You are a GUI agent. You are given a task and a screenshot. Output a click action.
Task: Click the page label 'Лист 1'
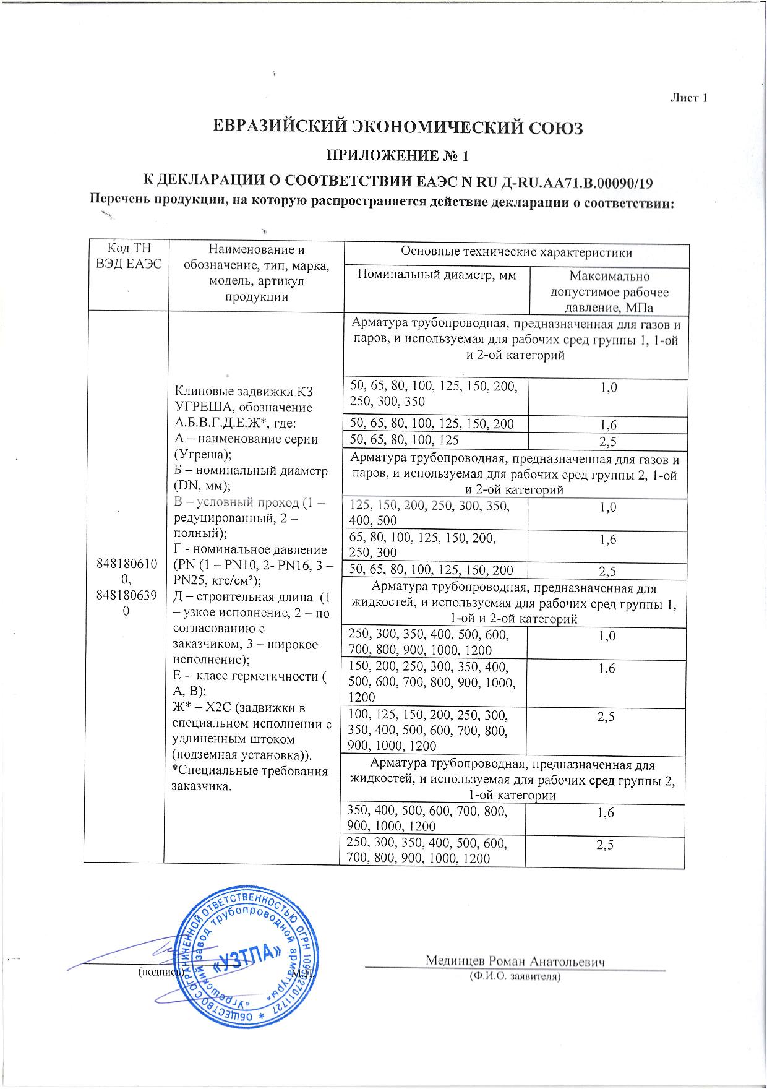688,98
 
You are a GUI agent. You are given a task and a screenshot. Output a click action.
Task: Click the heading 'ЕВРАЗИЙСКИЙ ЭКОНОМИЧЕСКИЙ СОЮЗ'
398,128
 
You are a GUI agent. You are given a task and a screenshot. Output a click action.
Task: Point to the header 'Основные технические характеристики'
516,252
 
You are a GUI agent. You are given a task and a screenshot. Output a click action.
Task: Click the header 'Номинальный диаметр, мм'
437,275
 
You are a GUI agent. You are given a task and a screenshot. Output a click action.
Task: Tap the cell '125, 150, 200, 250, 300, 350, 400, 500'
430,514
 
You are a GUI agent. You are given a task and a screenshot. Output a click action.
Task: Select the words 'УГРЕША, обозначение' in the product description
244,408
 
